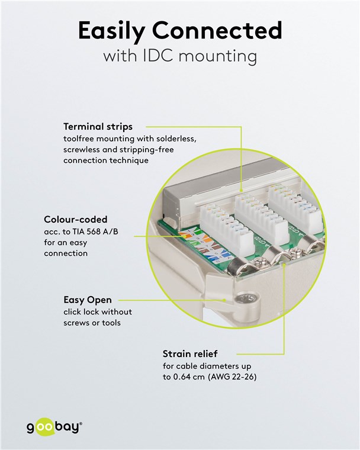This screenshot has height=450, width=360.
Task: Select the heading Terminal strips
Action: click(x=98, y=127)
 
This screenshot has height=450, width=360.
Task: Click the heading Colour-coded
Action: click(x=76, y=220)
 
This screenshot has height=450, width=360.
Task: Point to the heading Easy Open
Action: click(x=87, y=300)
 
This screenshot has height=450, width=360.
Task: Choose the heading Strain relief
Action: click(x=191, y=354)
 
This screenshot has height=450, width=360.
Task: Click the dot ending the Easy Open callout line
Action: click(x=224, y=300)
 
